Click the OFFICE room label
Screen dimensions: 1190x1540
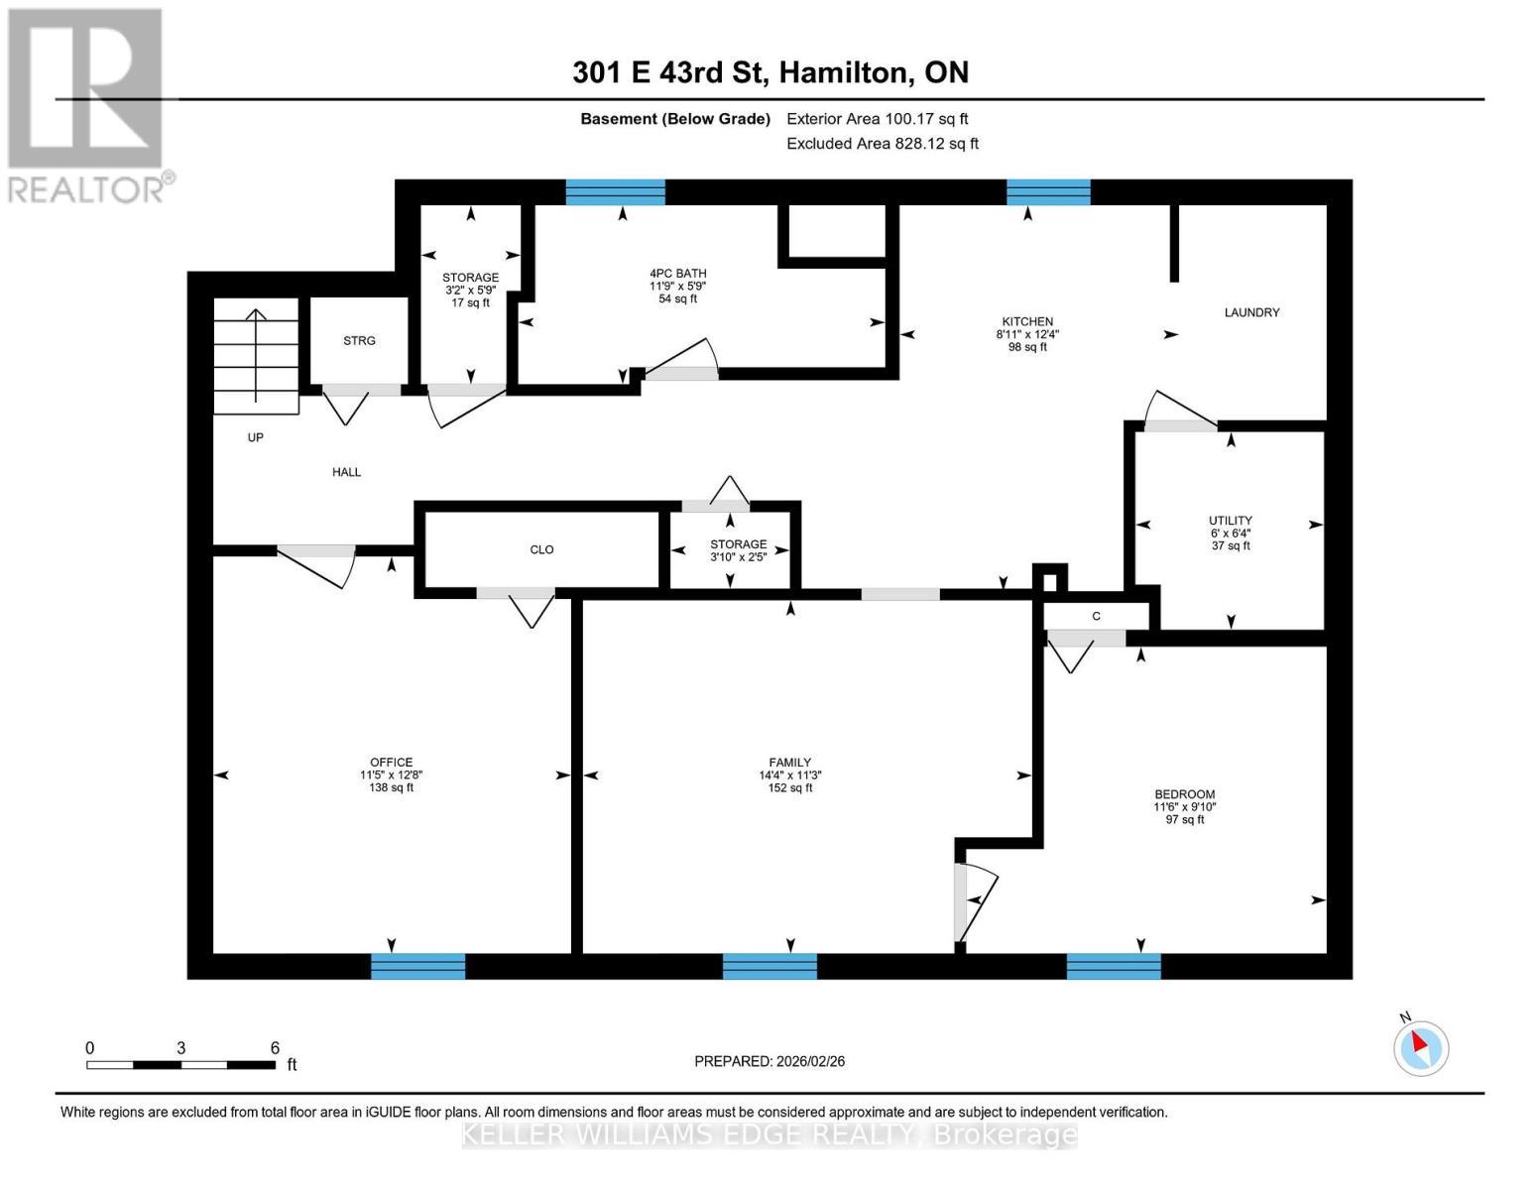392,763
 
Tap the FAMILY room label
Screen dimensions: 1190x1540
790,763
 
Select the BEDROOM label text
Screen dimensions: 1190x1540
1184,794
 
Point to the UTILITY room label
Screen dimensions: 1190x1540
1230,521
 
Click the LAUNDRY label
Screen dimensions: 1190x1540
1251,312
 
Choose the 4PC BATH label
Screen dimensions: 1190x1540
678,274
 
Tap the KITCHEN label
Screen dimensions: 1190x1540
1027,321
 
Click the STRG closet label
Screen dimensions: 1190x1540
359,341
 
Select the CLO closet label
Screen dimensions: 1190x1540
541,549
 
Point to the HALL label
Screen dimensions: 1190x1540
346,472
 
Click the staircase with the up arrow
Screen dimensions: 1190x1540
256,357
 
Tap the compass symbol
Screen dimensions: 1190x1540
1420,1047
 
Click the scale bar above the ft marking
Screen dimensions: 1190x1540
180,1065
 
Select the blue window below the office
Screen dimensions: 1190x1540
417,966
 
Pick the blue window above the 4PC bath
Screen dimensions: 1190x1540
615,192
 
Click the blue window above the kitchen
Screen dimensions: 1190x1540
1048,192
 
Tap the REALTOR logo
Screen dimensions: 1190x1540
87,105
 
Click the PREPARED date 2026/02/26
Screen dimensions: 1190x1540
770,1061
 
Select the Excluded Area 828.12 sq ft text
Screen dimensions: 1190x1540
882,144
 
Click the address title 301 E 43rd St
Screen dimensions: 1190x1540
770,72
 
